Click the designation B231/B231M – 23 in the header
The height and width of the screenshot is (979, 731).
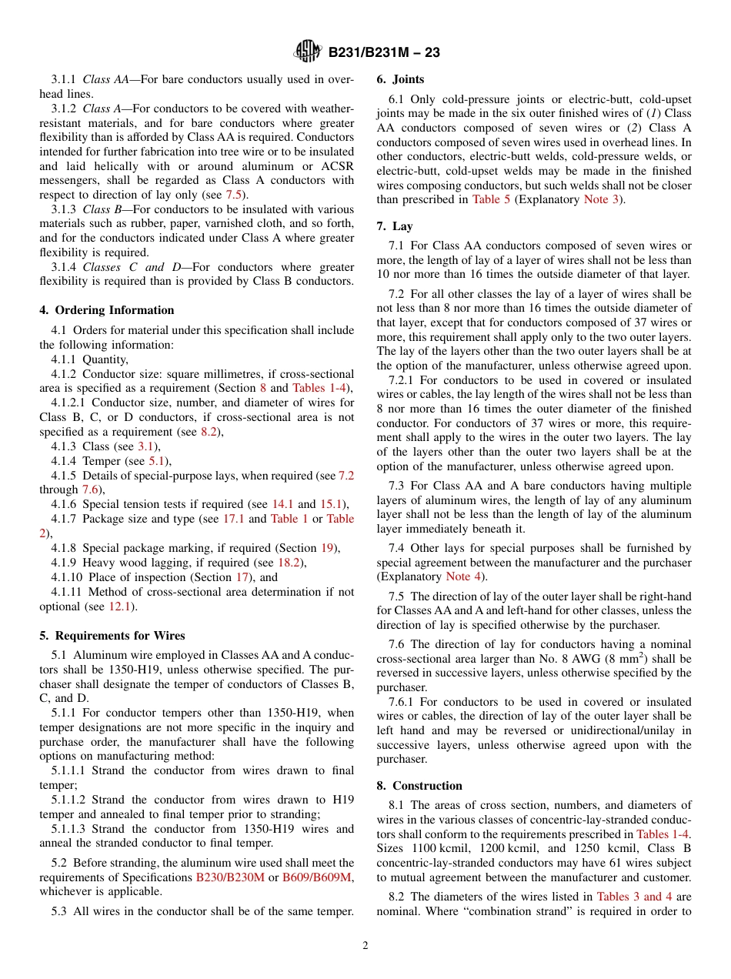pos(384,53)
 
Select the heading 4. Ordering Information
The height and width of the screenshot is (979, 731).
pos(107,310)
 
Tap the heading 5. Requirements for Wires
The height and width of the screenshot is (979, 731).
pos(112,636)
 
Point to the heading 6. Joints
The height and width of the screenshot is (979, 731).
pos(400,79)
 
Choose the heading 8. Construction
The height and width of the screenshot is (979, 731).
pos(419,786)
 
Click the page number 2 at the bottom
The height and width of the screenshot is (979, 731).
pos(365,946)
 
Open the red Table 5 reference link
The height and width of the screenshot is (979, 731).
pos(491,199)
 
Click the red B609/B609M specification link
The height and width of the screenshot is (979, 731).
pos(317,877)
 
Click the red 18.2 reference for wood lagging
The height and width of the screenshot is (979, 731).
pos(289,563)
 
